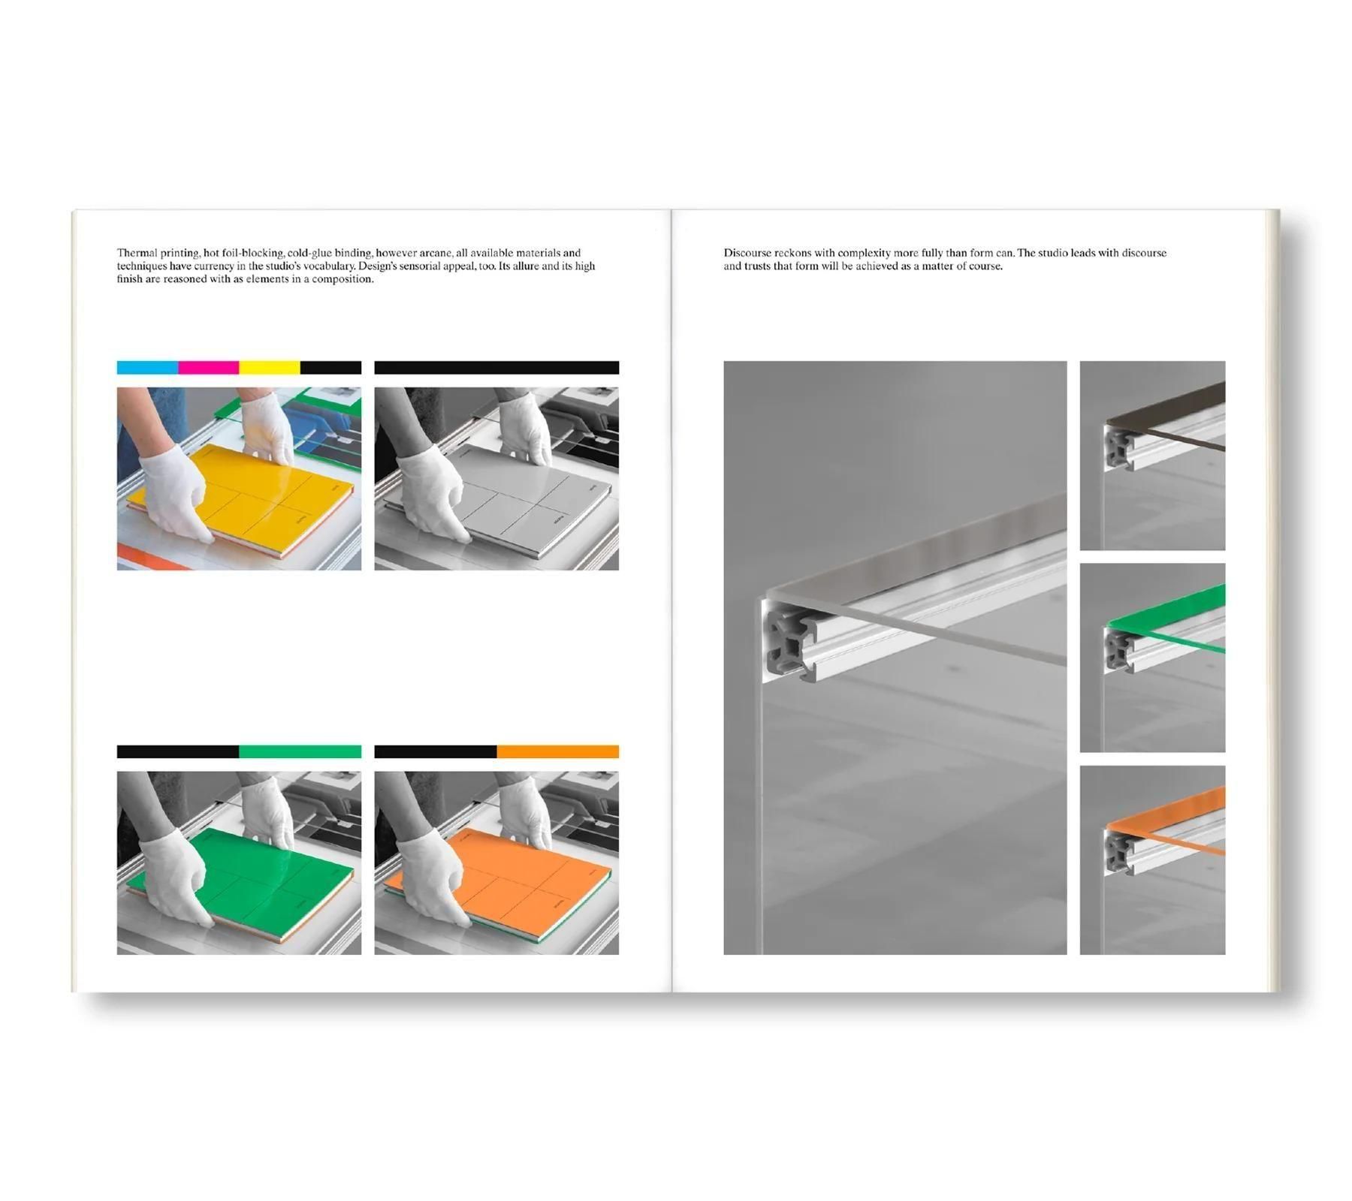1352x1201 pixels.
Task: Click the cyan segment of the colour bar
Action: pyautogui.click(x=147, y=367)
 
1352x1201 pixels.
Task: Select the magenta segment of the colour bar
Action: pyautogui.click(x=209, y=367)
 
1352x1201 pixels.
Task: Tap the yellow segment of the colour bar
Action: pyautogui.click(x=270, y=367)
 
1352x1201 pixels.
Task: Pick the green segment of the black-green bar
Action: pyautogui.click(x=300, y=751)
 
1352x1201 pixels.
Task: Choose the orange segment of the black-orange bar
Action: pyautogui.click(x=557, y=751)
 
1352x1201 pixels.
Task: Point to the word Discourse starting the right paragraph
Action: pyautogui.click(x=747, y=253)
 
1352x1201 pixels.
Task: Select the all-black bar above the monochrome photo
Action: pyautogui.click(x=496, y=367)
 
